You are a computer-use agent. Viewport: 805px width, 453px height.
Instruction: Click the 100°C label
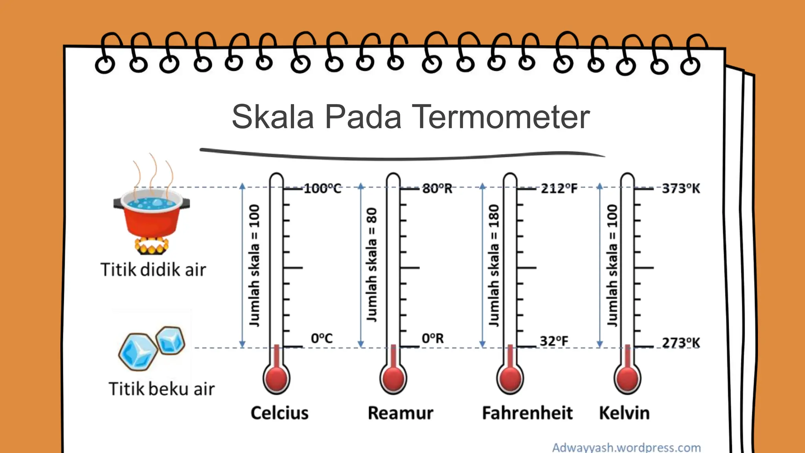coord(322,188)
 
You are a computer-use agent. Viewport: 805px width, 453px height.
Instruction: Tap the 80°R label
coord(437,188)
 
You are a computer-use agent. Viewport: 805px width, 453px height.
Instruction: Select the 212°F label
coord(559,188)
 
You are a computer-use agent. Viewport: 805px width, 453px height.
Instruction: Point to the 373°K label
coord(681,188)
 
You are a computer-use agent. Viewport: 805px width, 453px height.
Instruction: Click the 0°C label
coord(322,338)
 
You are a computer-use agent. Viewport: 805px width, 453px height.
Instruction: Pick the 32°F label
coord(554,341)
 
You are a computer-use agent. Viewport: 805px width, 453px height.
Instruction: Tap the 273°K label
coord(681,343)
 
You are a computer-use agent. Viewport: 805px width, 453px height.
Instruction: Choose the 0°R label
coord(432,338)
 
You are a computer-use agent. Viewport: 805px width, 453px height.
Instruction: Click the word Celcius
coord(279,413)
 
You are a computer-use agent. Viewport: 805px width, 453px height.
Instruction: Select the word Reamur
coord(401,413)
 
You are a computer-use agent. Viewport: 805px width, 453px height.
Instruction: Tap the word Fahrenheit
coord(527,413)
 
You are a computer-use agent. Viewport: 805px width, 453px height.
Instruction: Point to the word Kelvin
coord(624,413)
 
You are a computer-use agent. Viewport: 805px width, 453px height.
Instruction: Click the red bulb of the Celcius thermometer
coord(276,379)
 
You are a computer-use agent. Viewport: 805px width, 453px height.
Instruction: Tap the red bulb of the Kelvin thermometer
coord(627,379)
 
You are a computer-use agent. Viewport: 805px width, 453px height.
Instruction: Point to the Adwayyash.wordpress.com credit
coord(627,447)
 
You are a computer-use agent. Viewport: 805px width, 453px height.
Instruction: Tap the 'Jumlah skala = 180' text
coord(494,265)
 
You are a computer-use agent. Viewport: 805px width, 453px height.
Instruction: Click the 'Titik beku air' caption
coord(162,389)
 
